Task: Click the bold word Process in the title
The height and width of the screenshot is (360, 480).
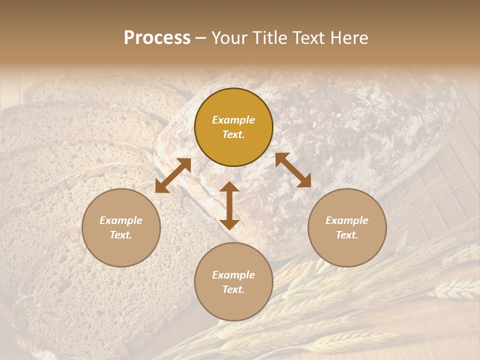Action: (157, 38)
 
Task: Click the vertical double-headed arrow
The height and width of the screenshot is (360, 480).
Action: (229, 205)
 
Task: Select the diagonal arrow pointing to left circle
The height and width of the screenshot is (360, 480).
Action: (173, 175)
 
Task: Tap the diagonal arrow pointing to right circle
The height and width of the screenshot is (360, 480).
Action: (293, 170)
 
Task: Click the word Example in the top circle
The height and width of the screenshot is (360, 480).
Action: (233, 120)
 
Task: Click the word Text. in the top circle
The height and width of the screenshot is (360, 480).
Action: (233, 134)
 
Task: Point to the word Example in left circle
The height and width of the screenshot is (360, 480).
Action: (121, 220)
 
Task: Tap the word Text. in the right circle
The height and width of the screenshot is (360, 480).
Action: (347, 235)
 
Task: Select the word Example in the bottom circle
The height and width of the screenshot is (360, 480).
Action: (233, 275)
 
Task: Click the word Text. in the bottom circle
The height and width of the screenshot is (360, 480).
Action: (233, 289)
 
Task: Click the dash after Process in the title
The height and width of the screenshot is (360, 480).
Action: (200, 38)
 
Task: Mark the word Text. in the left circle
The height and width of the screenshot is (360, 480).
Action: (121, 235)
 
